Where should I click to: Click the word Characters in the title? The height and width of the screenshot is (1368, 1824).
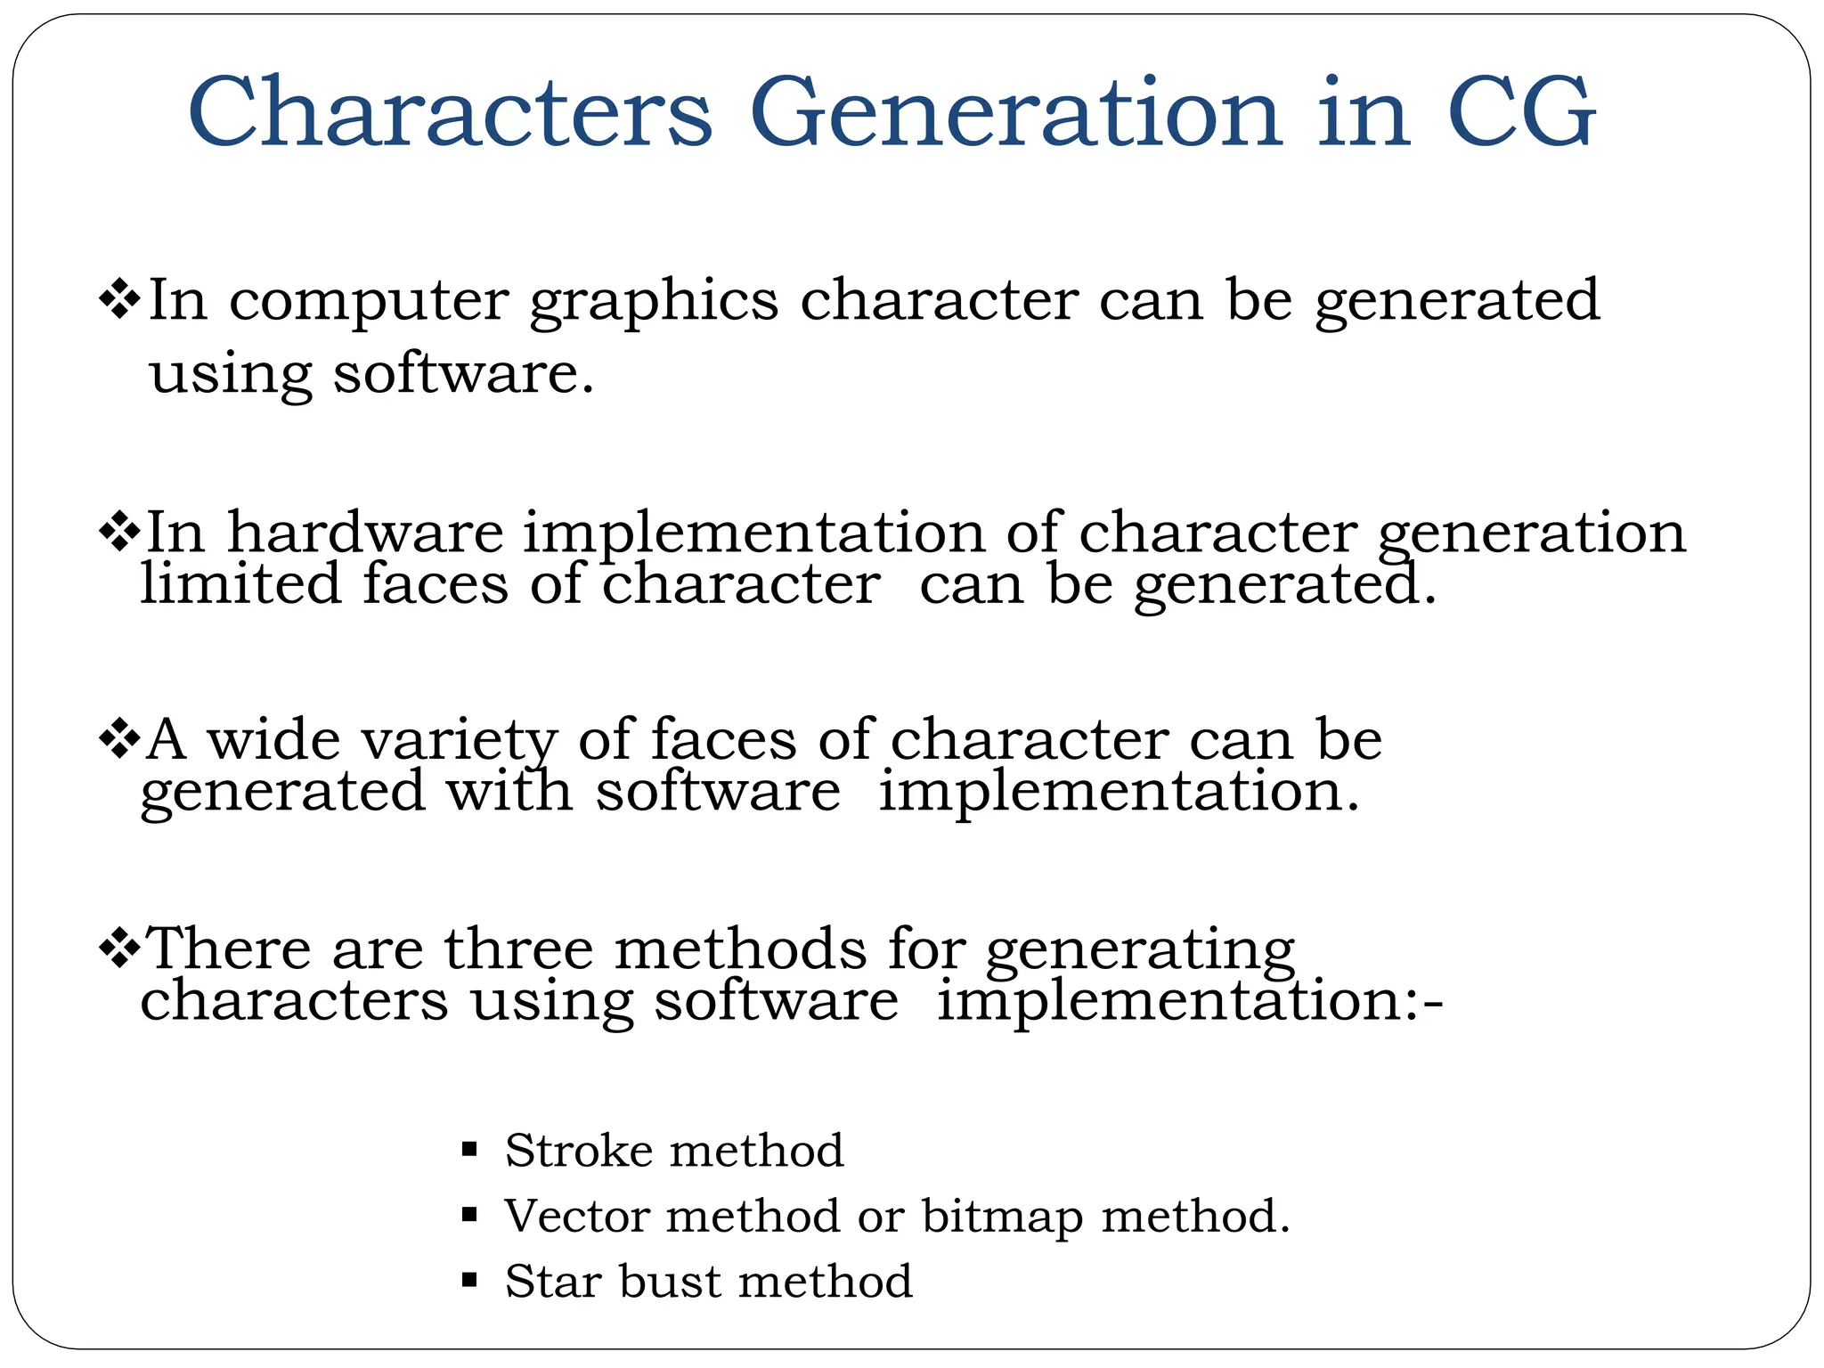pyautogui.click(x=450, y=113)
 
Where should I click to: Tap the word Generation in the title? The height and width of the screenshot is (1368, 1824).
pyautogui.click(x=1016, y=113)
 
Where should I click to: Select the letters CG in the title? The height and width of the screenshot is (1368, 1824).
pyautogui.click(x=1521, y=113)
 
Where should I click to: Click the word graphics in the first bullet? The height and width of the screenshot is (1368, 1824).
pyautogui.click(x=654, y=303)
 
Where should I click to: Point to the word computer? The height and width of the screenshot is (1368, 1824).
pyautogui.click(x=369, y=303)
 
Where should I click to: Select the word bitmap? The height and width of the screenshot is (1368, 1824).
pyautogui.click(x=1002, y=1217)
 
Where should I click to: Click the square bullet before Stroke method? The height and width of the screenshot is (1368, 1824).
pyautogui.click(x=470, y=1150)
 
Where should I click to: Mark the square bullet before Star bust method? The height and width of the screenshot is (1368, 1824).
pyautogui.click(x=470, y=1282)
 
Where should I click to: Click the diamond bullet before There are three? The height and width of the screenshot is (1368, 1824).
pyautogui.click(x=118, y=948)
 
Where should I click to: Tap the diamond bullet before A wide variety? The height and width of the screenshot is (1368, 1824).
pyautogui.click(x=118, y=739)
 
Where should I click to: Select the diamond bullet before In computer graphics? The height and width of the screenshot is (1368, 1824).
pyautogui.click(x=118, y=299)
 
